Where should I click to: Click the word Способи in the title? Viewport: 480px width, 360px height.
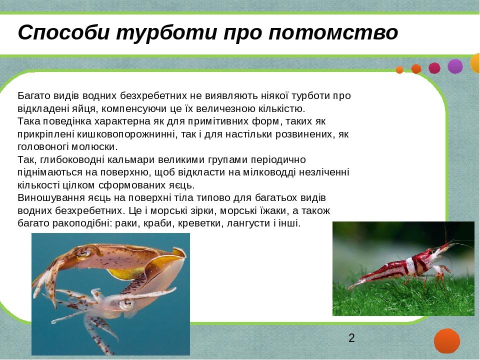pyautogui.click(x=63, y=32)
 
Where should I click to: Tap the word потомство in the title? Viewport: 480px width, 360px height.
pyautogui.click(x=333, y=32)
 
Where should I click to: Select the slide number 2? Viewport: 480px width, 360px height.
pyautogui.click(x=351, y=338)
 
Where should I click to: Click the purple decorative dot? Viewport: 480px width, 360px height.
pyautogui.click(x=455, y=66)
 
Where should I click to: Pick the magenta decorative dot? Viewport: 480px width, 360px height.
pyautogui.click(x=434, y=68)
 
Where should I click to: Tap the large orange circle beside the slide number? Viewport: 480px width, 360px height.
pyautogui.click(x=446, y=341)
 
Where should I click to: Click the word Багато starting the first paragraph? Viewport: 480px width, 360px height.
pyautogui.click(x=34, y=96)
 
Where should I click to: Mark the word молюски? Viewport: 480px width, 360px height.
pyautogui.click(x=94, y=147)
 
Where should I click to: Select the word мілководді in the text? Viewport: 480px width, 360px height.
pyautogui.click(x=269, y=172)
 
